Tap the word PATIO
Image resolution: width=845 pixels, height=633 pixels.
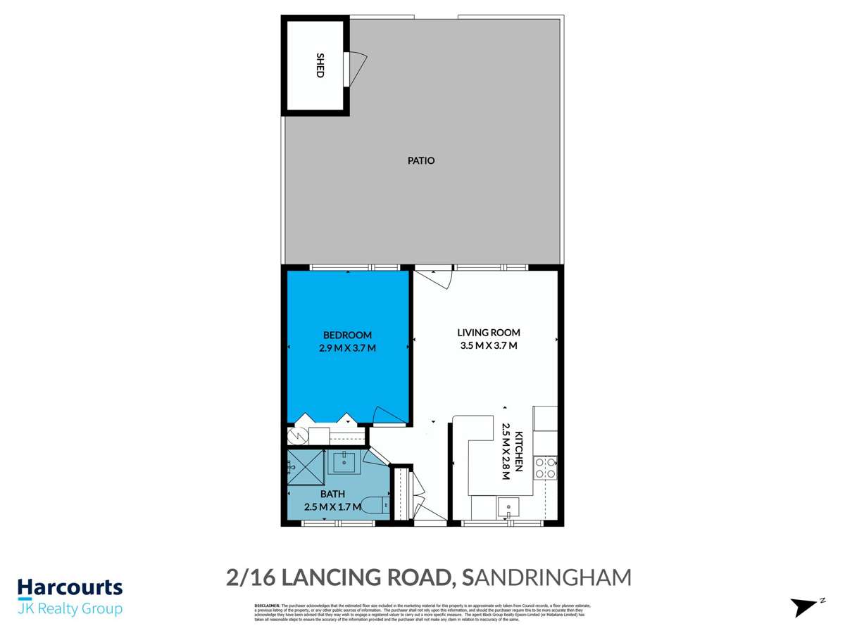421,160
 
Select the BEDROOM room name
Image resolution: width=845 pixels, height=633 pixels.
347,335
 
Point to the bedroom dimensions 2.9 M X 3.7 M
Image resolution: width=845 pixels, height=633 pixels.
347,347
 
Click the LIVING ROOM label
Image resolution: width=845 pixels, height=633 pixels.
488,333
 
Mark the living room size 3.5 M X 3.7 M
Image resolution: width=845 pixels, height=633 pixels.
488,345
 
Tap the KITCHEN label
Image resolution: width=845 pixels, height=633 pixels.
518,450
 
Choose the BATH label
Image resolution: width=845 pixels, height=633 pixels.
332,494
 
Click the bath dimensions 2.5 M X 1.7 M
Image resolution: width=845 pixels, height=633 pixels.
332,506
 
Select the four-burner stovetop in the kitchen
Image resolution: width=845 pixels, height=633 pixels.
546,468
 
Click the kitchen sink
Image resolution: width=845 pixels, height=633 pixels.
508,506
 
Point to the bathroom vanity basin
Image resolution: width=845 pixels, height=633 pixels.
346,463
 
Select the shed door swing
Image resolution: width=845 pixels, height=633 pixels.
358,67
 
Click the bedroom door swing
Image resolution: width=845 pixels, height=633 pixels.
387,415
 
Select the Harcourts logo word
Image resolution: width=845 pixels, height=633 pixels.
70,587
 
